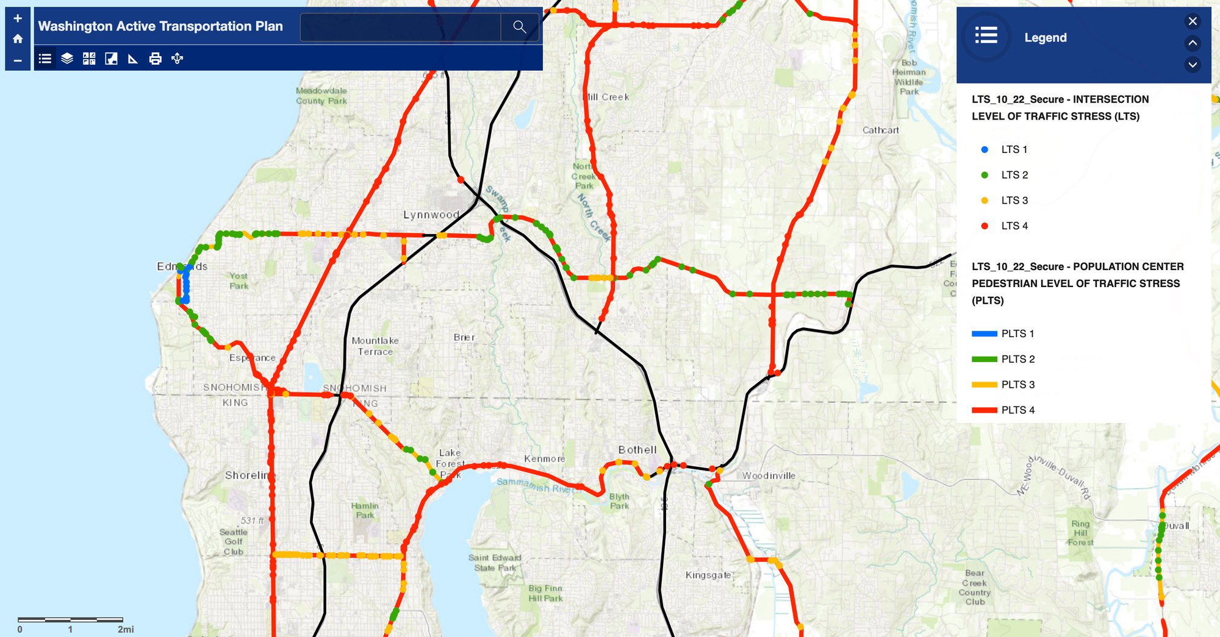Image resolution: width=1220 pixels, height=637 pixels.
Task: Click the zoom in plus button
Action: [18, 18]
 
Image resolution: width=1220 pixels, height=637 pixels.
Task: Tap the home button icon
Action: [18, 39]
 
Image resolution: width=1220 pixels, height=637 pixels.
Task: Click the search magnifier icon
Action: [519, 27]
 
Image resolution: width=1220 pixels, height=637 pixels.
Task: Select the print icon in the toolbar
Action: [156, 59]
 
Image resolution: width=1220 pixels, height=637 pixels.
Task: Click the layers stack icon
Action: [67, 59]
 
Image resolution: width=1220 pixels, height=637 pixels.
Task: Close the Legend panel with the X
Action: [1193, 21]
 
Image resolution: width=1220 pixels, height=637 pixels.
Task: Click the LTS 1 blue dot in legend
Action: [985, 149]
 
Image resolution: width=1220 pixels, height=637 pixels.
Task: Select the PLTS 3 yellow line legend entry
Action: [985, 385]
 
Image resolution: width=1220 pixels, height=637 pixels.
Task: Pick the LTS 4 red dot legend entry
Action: [985, 226]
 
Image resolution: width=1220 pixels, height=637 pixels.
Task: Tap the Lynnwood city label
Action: [431, 215]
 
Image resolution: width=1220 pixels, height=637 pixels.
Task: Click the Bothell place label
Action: [637, 450]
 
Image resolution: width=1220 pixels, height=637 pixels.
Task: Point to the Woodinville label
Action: [769, 475]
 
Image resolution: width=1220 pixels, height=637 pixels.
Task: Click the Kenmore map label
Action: [545, 458]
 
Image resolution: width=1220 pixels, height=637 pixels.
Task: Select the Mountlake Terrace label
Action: [375, 346]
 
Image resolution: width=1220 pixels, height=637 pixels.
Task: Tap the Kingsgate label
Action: [708, 575]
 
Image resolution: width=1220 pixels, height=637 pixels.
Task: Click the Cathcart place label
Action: [880, 130]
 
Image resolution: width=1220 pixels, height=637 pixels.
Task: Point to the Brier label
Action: [464, 337]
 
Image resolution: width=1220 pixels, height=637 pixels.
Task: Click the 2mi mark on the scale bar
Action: [125, 629]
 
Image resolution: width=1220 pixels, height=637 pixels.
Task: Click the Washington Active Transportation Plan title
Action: [160, 26]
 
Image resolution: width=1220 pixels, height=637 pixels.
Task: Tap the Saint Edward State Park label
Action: [495, 563]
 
